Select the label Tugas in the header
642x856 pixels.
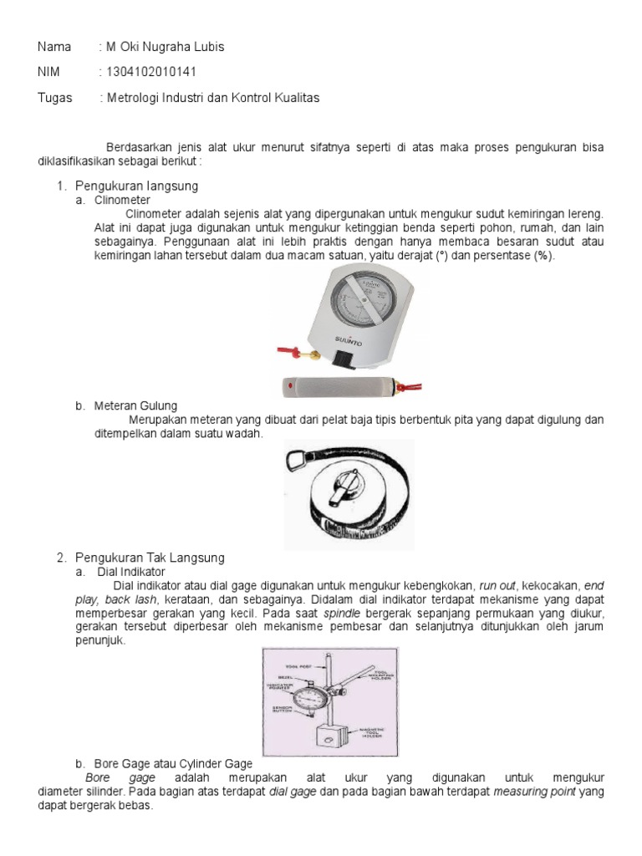pos(55,98)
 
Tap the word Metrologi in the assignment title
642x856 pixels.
pos(131,98)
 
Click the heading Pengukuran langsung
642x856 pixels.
pos(136,186)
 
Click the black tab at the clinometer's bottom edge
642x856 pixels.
pos(342,359)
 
